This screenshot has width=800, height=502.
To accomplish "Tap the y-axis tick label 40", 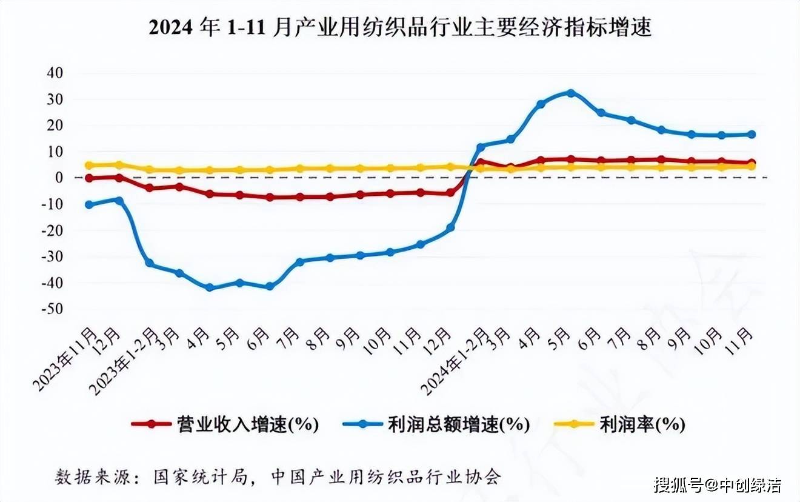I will [55, 73].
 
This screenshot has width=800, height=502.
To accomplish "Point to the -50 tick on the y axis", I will [53, 309].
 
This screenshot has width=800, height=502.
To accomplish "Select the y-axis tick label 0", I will [59, 178].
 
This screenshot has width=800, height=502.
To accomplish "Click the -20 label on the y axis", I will [53, 230].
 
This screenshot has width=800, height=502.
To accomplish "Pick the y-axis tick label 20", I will [55, 125].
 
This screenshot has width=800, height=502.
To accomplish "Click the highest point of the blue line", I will [570, 93].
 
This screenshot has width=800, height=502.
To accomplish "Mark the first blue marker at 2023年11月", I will [89, 204].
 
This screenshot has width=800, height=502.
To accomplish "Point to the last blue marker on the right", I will [752, 134].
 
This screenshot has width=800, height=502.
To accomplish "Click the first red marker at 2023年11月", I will [89, 178].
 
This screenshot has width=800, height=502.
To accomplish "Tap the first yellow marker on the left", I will [89, 165].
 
